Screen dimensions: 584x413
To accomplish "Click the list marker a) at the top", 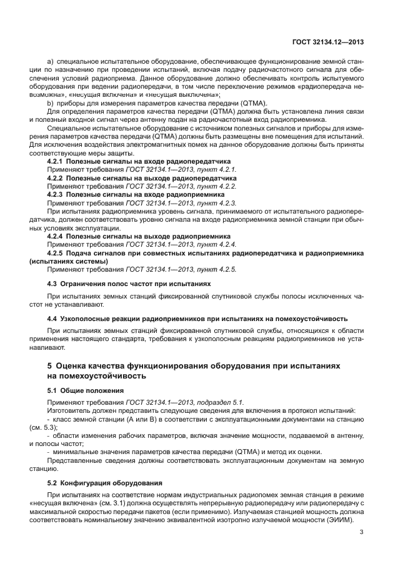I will pyautogui.click(x=51, y=62).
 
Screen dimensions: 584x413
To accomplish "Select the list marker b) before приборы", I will pyautogui.click(x=51, y=102).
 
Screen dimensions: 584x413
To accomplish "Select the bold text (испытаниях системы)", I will pyautogui.click(x=69, y=262).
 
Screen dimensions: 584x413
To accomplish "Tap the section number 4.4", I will pyautogui.click(x=52, y=317).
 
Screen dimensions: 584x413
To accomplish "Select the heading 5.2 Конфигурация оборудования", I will pyautogui.click(x=105, y=483).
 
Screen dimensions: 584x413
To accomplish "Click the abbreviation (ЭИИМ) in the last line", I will pyautogui.click(x=341, y=520).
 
